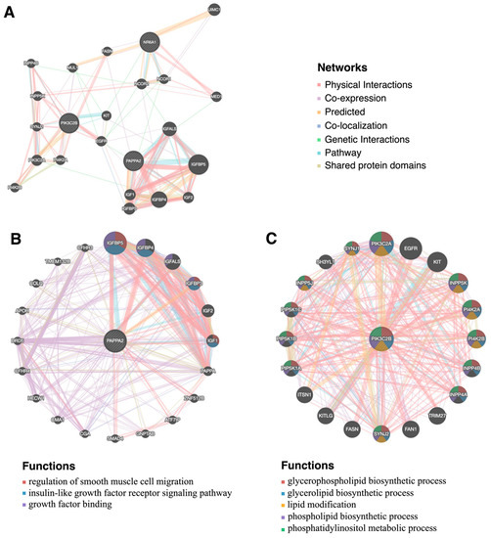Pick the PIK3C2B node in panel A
[69, 123]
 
